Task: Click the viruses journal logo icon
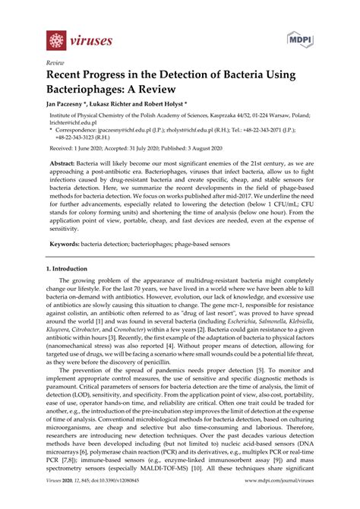55,39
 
